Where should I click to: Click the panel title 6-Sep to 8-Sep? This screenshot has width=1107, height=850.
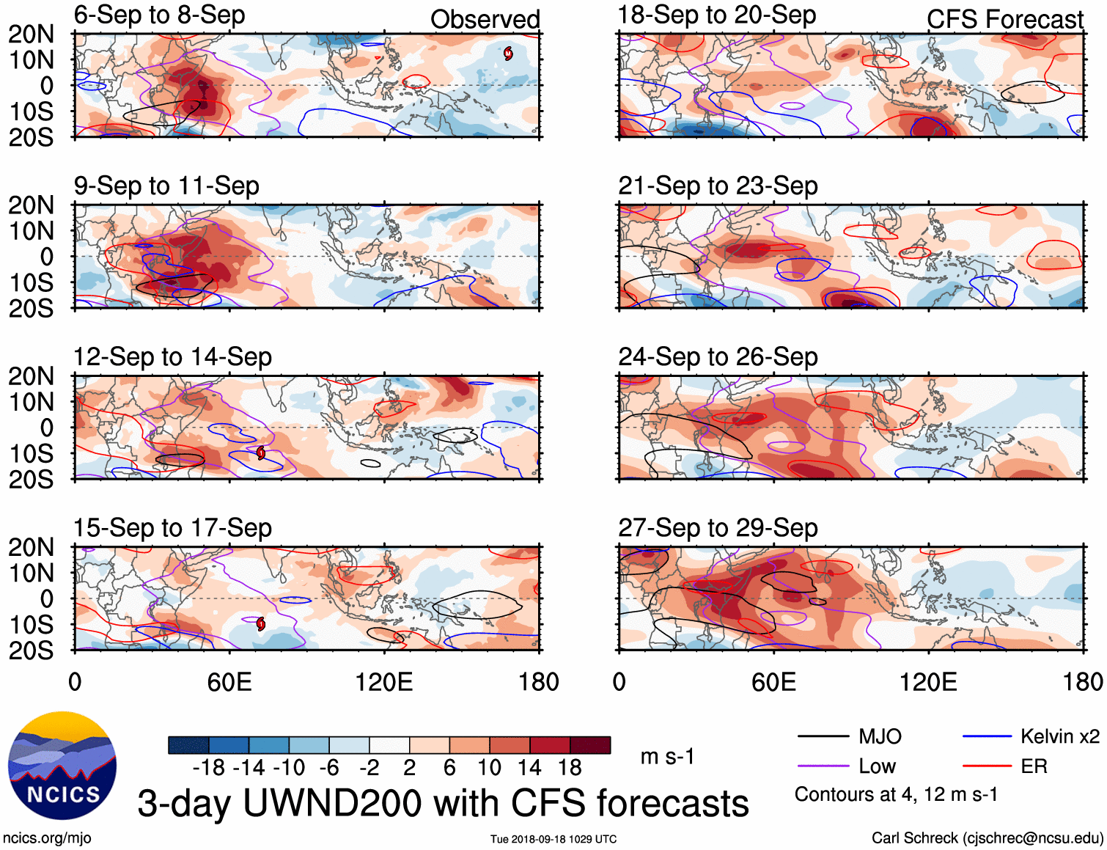(159, 15)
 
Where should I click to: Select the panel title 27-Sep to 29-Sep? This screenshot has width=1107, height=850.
(718, 528)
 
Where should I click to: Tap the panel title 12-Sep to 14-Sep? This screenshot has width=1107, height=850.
(172, 357)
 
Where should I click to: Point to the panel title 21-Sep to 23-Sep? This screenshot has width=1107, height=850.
(718, 186)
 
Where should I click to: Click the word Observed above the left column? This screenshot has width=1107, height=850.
(485, 20)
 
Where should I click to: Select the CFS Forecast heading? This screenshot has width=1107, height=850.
(1004, 20)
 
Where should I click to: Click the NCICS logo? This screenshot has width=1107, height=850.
(62, 766)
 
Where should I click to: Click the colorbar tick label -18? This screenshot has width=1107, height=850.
(209, 768)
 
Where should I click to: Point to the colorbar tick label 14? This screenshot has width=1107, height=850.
(529, 768)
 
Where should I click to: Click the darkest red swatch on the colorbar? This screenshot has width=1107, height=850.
(590, 745)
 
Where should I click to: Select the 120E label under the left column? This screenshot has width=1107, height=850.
(383, 683)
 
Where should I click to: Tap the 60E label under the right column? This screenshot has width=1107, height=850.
(773, 683)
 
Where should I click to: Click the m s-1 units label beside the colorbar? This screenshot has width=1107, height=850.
(667, 756)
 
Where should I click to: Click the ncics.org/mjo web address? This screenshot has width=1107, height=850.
(47, 838)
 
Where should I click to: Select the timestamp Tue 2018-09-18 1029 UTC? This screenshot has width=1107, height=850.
(553, 839)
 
